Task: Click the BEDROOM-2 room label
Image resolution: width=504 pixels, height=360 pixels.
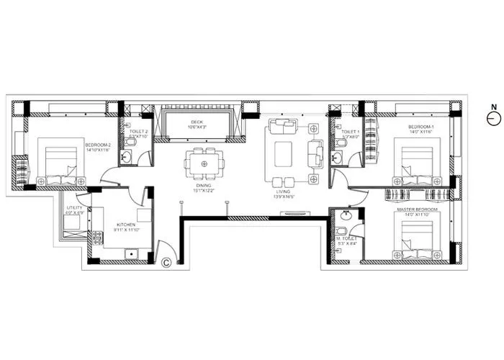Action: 97,145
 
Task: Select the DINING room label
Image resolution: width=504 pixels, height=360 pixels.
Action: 204,185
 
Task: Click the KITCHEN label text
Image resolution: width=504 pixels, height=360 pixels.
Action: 126,224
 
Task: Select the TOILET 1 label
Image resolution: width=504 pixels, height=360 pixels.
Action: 350,132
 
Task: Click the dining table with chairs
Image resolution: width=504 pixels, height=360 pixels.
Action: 204,163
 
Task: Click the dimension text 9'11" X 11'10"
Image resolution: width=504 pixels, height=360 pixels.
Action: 126,230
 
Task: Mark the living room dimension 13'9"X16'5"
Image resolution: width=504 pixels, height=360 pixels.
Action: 284,197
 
